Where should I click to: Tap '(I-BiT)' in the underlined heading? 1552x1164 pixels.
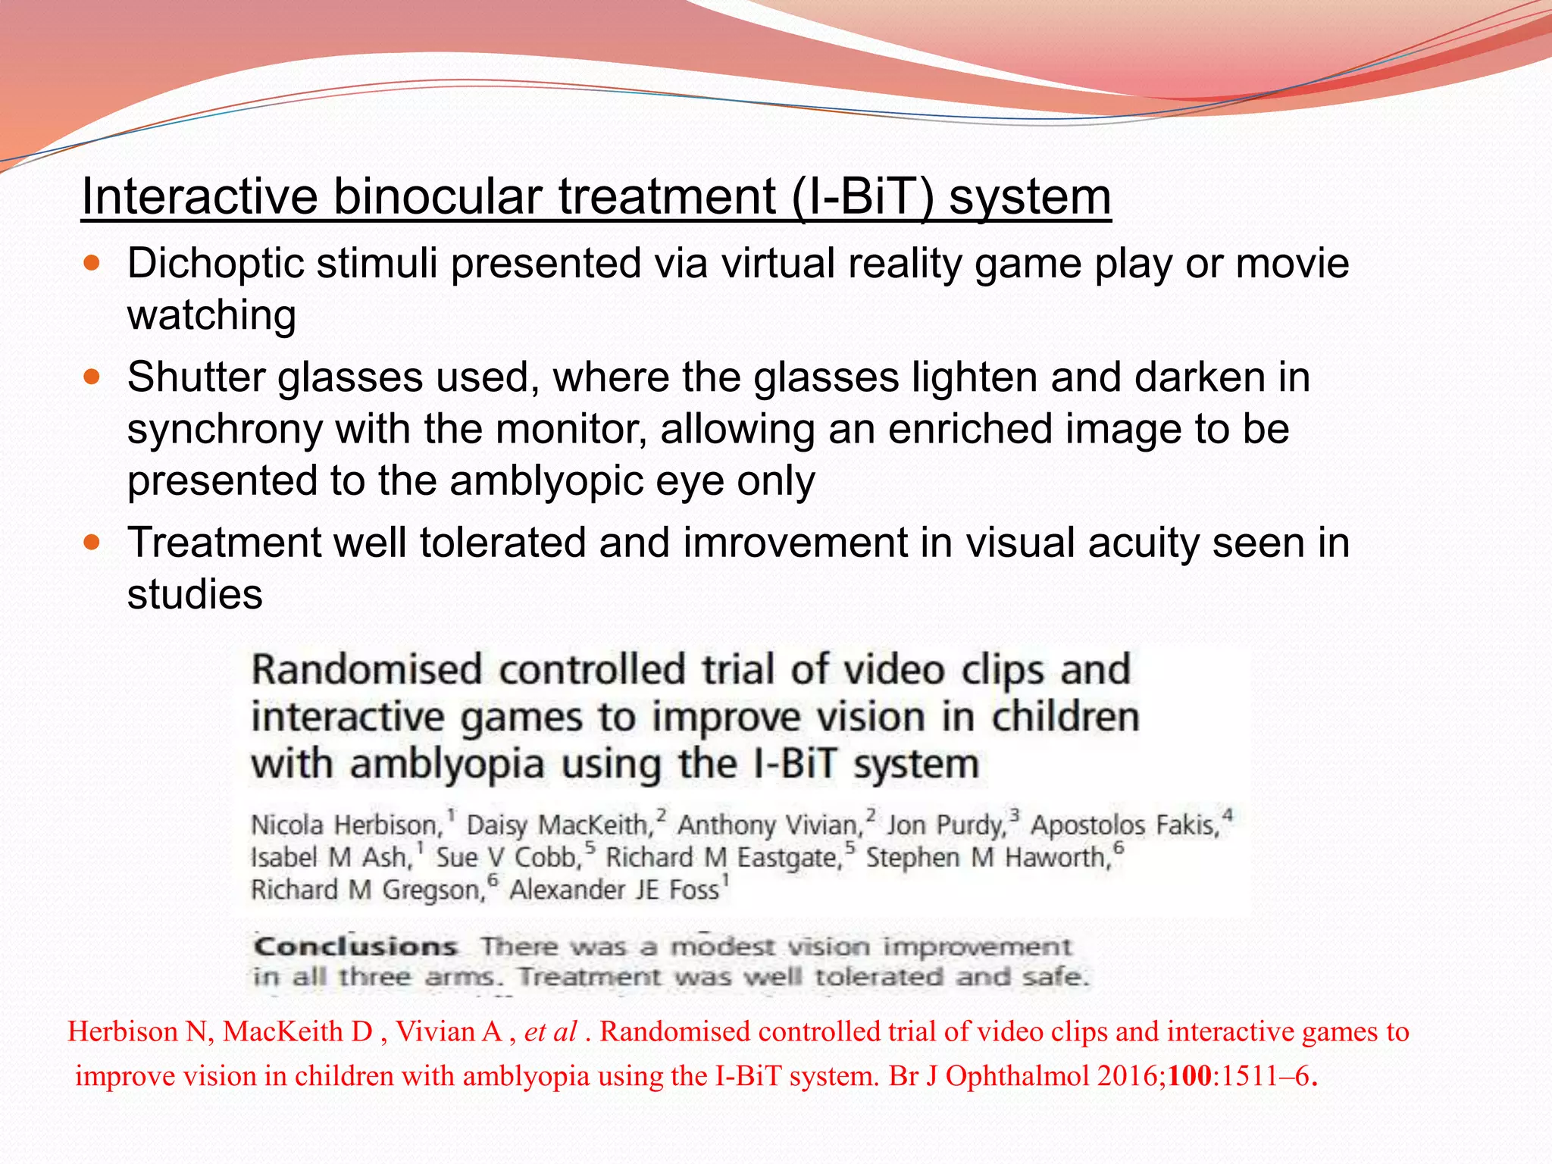(863, 197)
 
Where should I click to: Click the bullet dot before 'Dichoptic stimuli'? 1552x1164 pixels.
(92, 264)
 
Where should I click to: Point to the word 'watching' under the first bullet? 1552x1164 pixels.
(211, 315)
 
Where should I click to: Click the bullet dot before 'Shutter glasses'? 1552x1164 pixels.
(92, 377)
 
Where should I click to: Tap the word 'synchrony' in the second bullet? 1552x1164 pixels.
(225, 430)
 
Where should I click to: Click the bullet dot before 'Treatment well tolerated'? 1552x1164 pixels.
(92, 543)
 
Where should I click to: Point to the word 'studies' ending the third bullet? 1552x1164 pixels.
(195, 594)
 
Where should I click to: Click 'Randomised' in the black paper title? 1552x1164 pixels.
(367, 671)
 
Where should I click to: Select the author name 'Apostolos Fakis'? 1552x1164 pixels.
(1125, 825)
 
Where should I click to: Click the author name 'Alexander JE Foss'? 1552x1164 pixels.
(614, 890)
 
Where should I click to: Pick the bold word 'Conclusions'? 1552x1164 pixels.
(355, 947)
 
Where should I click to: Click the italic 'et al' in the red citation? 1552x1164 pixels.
(551, 1032)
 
